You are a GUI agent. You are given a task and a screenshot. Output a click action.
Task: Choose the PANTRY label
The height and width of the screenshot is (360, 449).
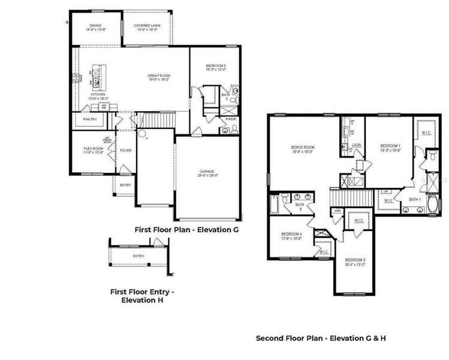[x=89, y=119]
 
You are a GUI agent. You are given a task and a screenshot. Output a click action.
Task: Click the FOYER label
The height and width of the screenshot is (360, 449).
[x=125, y=151]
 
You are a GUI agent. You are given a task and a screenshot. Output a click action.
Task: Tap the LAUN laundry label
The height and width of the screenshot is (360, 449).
[x=356, y=145]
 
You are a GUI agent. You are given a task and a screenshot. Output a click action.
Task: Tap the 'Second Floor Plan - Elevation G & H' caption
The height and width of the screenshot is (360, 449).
[x=321, y=338]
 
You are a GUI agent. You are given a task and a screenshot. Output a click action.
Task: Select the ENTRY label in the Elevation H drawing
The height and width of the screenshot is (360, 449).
[x=138, y=256]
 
